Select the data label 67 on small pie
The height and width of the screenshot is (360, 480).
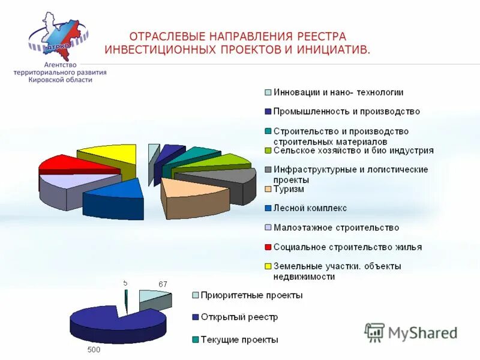pyautogui.click(x=163, y=284)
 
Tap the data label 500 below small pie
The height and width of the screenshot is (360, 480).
pyautogui.click(x=94, y=349)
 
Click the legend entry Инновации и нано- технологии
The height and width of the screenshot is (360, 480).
pyautogui.click(x=338, y=92)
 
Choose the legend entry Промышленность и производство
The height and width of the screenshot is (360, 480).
pyautogui.click(x=346, y=112)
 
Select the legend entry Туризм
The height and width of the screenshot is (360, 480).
pyautogui.click(x=289, y=190)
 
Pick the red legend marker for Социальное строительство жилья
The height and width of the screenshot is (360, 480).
pyautogui.click(x=268, y=247)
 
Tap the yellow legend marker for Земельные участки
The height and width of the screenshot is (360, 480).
pyautogui.click(x=268, y=266)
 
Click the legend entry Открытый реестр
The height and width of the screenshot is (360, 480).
pyautogui.click(x=239, y=317)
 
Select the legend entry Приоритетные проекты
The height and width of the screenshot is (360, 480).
pyautogui.click(x=251, y=295)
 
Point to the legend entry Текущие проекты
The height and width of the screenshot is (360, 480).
pyautogui.click(x=239, y=340)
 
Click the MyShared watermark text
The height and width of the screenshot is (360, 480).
pyautogui.click(x=423, y=333)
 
